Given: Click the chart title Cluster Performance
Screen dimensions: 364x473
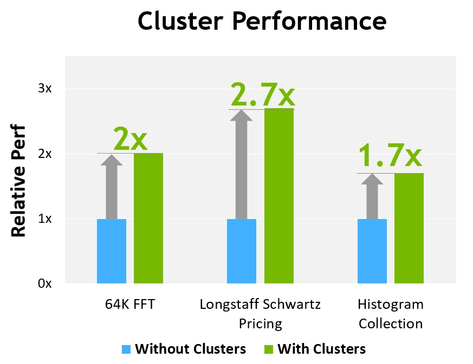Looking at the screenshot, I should click(x=262, y=22).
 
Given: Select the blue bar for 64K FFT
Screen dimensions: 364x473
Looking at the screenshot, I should click(x=112, y=251).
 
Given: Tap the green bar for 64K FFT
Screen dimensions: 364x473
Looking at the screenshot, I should click(x=148, y=218).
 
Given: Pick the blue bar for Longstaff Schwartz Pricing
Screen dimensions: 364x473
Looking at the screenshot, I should click(x=242, y=251).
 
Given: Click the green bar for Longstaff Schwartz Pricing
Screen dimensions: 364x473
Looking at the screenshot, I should click(x=278, y=196).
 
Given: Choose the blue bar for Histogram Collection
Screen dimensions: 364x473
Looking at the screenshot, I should click(x=372, y=251).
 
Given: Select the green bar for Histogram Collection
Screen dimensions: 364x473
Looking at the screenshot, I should click(x=409, y=228).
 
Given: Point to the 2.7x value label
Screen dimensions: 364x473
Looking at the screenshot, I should click(x=263, y=94).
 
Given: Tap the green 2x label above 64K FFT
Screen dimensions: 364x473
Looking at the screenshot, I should click(x=130, y=139).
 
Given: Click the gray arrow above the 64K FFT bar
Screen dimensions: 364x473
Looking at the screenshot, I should click(x=112, y=186).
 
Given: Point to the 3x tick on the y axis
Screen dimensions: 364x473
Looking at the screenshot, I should click(x=45, y=89).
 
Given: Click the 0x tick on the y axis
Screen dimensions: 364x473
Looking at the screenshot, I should click(x=45, y=283).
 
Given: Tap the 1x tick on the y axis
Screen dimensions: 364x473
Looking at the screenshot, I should click(x=45, y=219).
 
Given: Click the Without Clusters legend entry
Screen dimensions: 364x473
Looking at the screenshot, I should click(x=184, y=349).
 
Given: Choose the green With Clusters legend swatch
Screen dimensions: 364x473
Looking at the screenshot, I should click(x=268, y=349).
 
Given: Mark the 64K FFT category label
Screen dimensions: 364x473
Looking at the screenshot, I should click(x=130, y=304).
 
